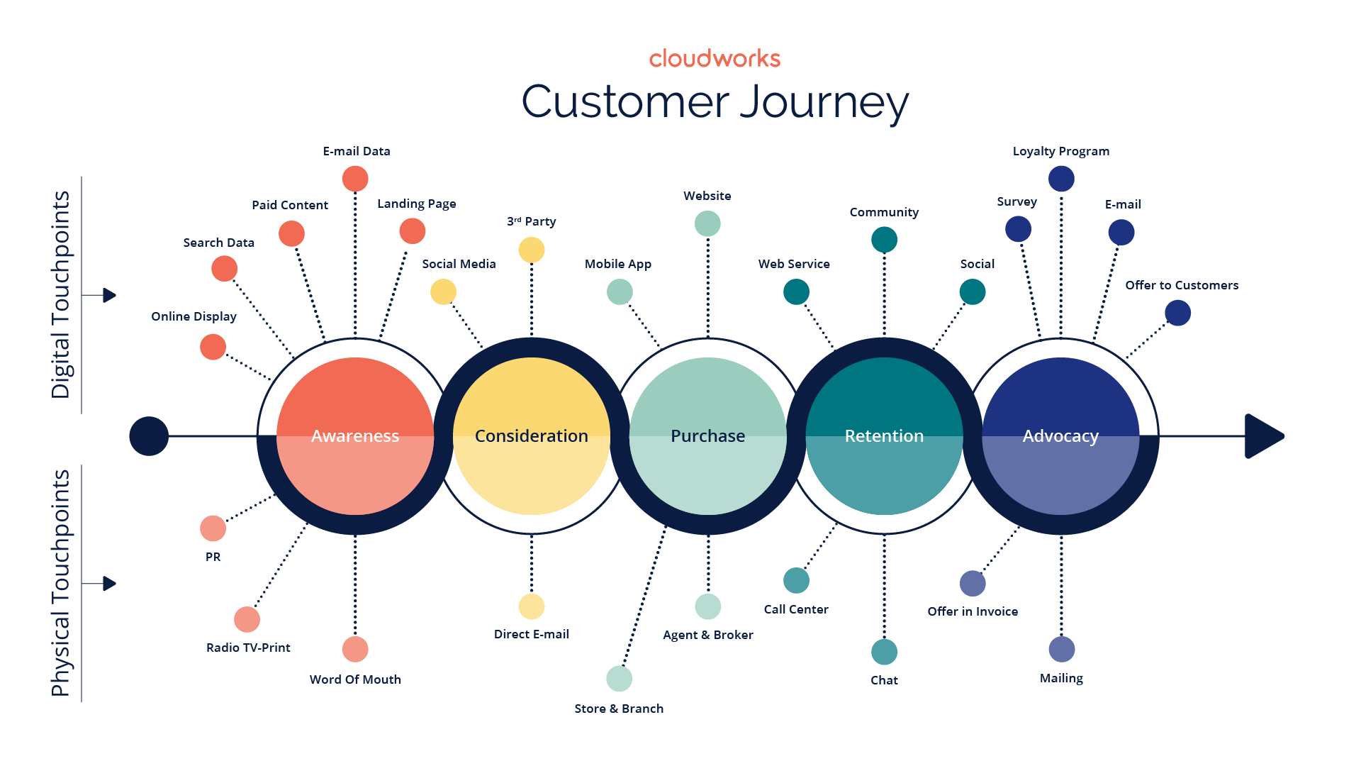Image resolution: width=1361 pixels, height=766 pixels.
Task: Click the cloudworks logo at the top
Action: (715, 59)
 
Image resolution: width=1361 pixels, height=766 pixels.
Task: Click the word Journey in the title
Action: (824, 103)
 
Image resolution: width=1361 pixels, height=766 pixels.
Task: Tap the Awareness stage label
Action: (355, 436)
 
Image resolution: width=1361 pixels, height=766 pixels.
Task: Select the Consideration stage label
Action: (531, 436)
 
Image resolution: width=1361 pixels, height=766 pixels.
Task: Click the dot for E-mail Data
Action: (355, 179)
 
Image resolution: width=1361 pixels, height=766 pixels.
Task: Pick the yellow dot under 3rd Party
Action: (532, 250)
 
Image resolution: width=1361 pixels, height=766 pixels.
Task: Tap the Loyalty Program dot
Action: (1061, 179)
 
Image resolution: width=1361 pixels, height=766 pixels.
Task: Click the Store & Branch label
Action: (619, 709)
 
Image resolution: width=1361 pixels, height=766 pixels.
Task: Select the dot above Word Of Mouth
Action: (355, 649)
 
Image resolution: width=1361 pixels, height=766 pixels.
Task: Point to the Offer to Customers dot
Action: (1177, 313)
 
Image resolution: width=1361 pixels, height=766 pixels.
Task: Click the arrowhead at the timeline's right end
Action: (1263, 436)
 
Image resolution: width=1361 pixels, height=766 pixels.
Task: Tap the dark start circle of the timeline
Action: (149, 436)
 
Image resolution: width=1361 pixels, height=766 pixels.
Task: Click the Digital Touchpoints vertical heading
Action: (61, 294)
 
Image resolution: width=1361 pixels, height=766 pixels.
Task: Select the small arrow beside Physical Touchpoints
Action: (108, 584)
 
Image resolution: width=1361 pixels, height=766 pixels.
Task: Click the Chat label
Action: (884, 680)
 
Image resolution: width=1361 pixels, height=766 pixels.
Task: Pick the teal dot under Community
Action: (884, 240)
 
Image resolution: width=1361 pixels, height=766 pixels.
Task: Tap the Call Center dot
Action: (796, 581)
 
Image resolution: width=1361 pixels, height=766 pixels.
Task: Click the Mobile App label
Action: (618, 264)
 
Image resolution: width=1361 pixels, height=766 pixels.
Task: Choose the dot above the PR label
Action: (213, 528)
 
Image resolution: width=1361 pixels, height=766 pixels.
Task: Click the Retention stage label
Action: (884, 436)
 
